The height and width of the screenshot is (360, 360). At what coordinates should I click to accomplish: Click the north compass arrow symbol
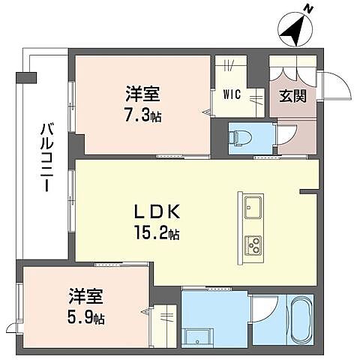293,31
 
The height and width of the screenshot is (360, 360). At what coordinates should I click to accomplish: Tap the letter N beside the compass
308,10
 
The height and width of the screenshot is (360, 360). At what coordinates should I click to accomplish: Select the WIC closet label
231,95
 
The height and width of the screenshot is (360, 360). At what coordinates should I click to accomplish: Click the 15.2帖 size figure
156,233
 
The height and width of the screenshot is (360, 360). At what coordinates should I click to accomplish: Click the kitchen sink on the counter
251,204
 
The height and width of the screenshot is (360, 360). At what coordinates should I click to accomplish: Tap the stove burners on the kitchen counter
252,244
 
